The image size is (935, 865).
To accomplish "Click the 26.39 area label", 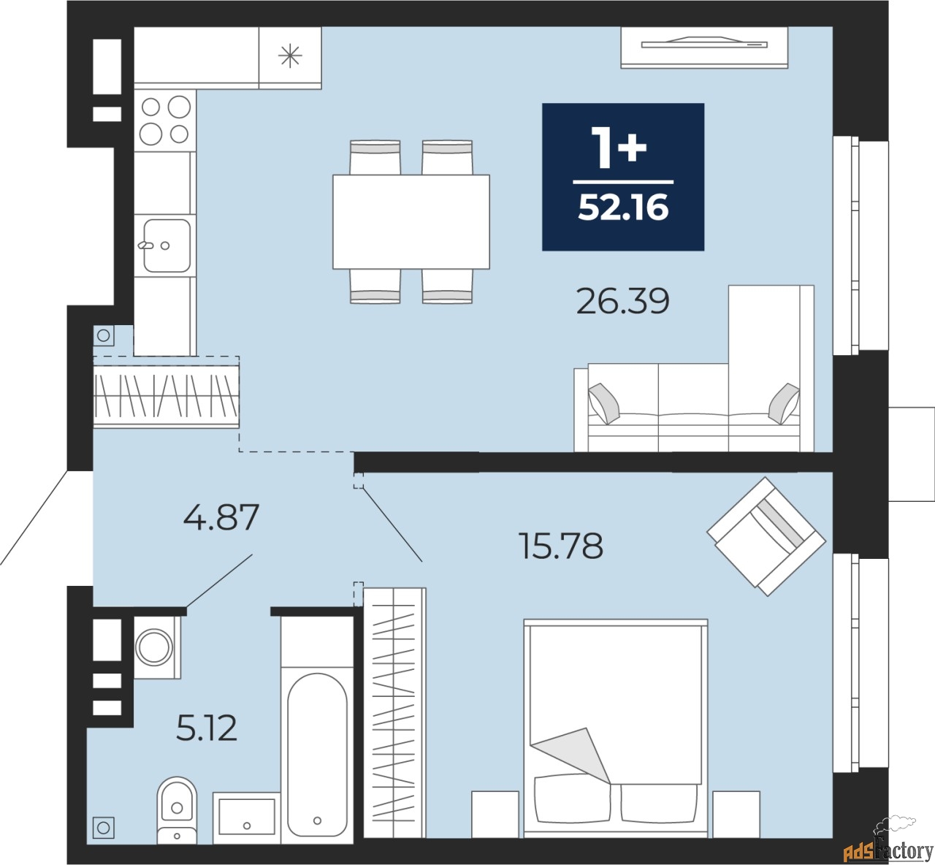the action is point(622,301).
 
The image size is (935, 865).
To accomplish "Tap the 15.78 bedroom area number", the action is point(560,546).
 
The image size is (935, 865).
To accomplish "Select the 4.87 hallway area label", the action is point(221,517).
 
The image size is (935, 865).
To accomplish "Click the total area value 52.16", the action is point(623,207).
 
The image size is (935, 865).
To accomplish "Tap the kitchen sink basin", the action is point(167,245).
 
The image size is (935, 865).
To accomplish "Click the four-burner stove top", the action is point(165,121).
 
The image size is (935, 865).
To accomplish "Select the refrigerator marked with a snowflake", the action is point(290,58).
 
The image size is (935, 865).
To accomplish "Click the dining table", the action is point(411,222).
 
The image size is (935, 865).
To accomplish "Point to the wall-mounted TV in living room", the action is point(704,47).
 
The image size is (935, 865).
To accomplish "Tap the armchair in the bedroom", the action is point(766,536).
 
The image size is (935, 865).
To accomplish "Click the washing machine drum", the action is point(154,647).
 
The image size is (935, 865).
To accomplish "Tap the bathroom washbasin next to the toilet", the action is point(247,818).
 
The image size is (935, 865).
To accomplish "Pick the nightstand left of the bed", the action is point(495,814).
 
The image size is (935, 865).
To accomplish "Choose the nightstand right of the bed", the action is point(736,814).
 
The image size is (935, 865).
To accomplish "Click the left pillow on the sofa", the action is point(604,403).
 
